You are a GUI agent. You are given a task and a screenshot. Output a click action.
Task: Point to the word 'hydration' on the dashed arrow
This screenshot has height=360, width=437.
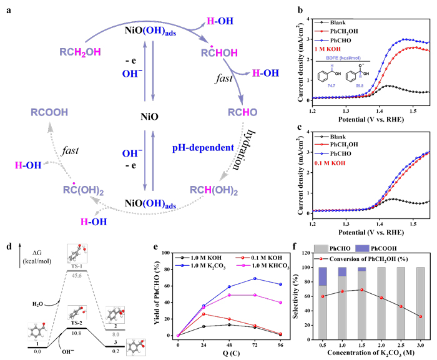click(250, 150)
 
